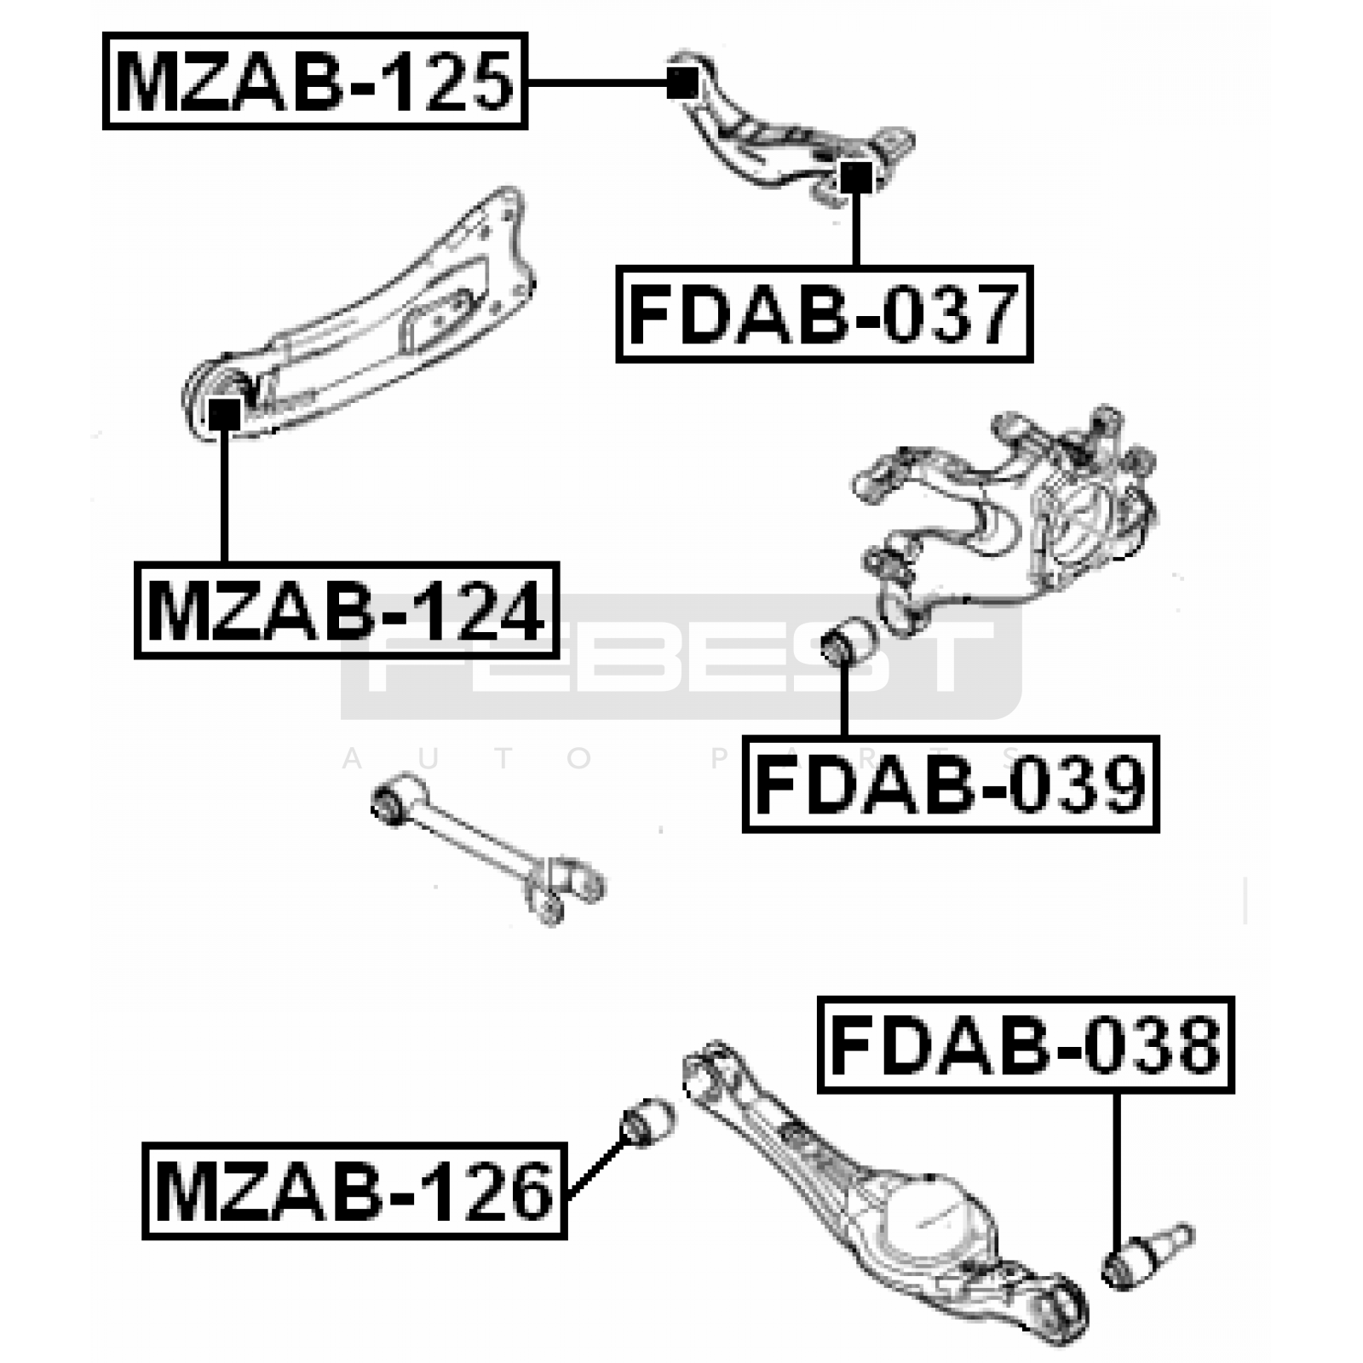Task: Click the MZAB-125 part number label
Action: click(x=314, y=81)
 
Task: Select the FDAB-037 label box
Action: click(x=824, y=314)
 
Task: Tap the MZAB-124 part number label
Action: click(x=346, y=611)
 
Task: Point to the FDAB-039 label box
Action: click(x=951, y=784)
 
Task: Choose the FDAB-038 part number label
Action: click(x=1026, y=1044)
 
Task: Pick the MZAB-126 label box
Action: click(x=354, y=1190)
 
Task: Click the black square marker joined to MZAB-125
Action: click(x=682, y=83)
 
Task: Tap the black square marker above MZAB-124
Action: click(x=225, y=415)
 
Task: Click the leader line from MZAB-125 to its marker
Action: click(x=596, y=83)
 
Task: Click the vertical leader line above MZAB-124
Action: click(x=225, y=494)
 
